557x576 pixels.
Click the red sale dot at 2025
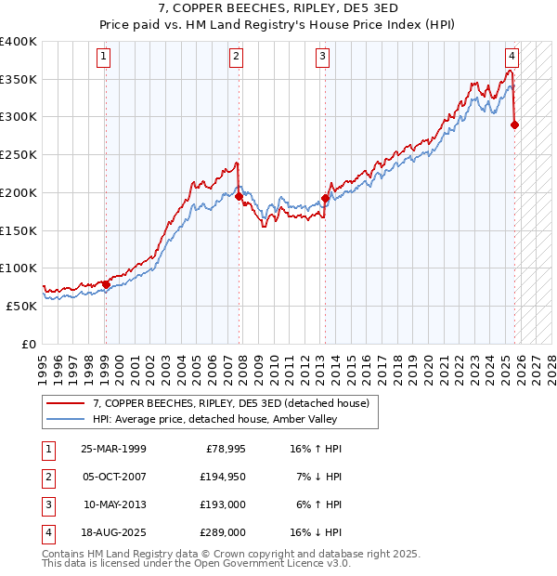tap(514, 124)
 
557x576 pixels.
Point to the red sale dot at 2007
tap(239, 196)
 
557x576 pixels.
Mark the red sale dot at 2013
tap(325, 197)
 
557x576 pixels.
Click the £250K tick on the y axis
tap(18, 155)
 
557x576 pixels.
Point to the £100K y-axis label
tap(18, 268)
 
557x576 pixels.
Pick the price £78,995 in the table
tap(224, 449)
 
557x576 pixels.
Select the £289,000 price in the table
tap(224, 532)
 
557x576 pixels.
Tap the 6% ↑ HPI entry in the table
tap(316, 504)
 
